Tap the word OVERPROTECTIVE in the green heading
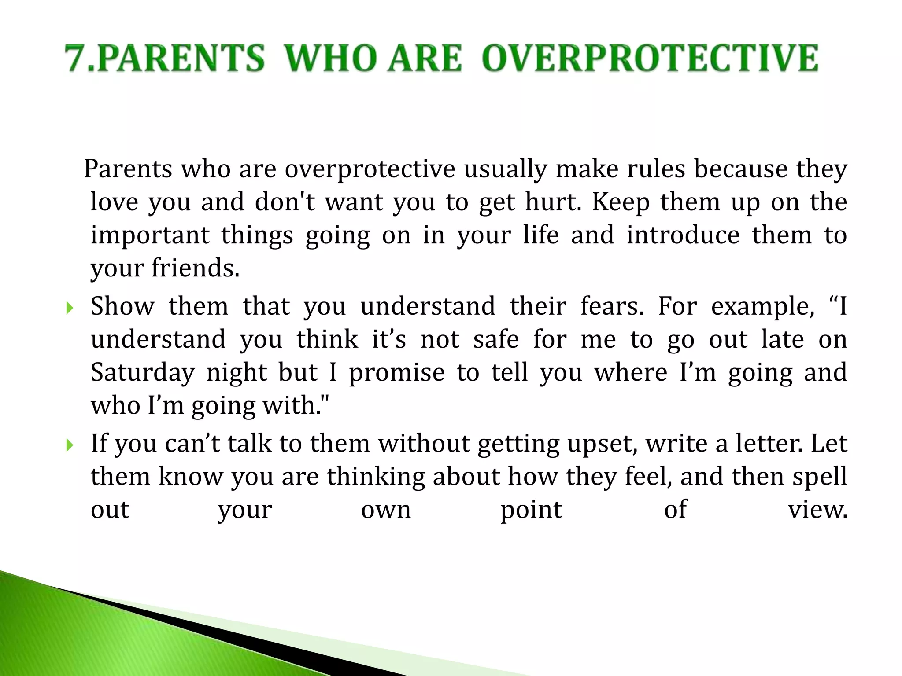click(x=650, y=58)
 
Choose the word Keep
click(x=620, y=202)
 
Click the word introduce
click(x=683, y=235)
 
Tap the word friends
click(x=195, y=268)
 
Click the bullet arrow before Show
click(x=69, y=308)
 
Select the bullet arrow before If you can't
click(x=69, y=445)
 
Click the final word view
click(x=817, y=510)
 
